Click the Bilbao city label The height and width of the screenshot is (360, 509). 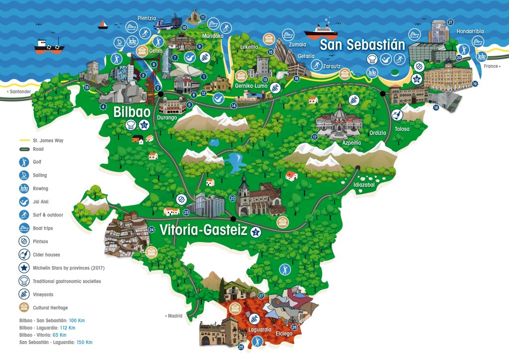click(x=131, y=111)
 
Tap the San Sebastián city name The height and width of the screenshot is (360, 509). click(x=362, y=45)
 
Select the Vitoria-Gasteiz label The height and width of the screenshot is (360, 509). click(x=203, y=230)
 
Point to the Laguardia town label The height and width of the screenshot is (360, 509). click(x=259, y=329)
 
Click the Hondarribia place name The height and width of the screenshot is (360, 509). click(x=470, y=31)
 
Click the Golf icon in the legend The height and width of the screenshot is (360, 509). click(x=24, y=162)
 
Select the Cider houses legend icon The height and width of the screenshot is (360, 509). click(x=24, y=255)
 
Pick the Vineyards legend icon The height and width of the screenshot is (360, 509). click(x=24, y=294)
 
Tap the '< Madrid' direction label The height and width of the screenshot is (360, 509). click(x=173, y=316)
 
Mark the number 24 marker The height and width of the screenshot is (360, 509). click(x=151, y=230)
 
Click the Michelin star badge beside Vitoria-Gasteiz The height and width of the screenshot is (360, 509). click(x=255, y=231)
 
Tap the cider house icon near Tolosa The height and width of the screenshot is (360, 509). click(x=397, y=115)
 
